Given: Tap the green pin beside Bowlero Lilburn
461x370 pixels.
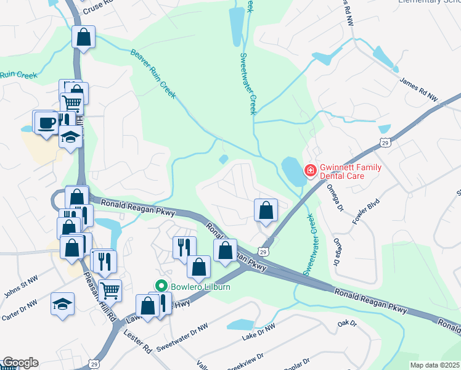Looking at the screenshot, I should [x=162, y=286].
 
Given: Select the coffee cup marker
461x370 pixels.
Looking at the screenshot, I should [x=46, y=122].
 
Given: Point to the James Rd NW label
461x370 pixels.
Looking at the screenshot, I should [x=418, y=89].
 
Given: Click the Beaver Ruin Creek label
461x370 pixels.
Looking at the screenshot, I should [x=153, y=74].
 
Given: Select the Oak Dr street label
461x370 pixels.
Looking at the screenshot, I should [x=347, y=323].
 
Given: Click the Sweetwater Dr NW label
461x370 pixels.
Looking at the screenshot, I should [x=182, y=338].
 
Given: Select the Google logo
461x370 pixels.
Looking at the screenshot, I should [x=20, y=363].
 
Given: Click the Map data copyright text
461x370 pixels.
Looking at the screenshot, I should [x=434, y=365].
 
